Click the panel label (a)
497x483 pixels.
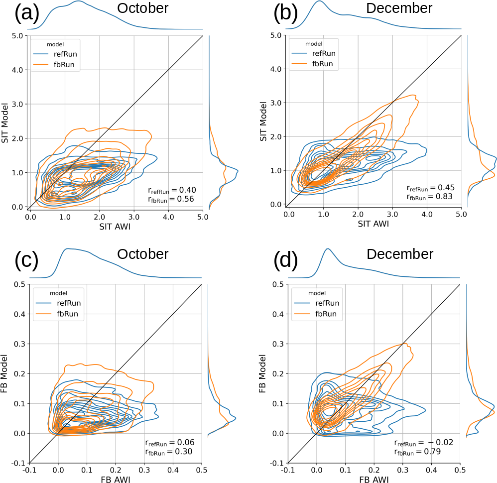pyautogui.click(x=27, y=14)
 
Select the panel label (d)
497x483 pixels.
pyautogui.click(x=286, y=260)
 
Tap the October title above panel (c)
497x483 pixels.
pyautogui.click(x=143, y=254)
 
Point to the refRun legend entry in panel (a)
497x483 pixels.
pyautogui.click(x=67, y=53)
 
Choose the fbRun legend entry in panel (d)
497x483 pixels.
pyautogui.click(x=326, y=314)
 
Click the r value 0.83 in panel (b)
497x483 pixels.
pyautogui.click(x=430, y=197)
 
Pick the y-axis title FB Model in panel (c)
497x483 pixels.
pyautogui.click(x=6, y=373)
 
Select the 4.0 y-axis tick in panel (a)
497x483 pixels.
pyautogui.click(x=17, y=70)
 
